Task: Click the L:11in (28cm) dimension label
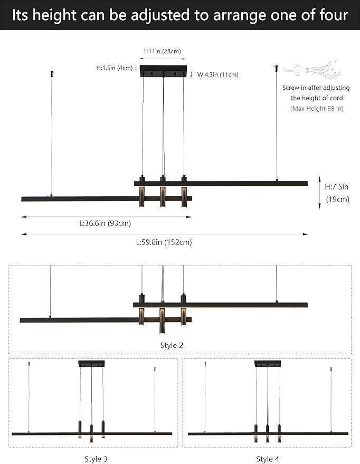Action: [x=163, y=51]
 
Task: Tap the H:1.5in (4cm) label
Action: [x=115, y=68]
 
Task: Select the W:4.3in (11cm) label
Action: [x=217, y=74]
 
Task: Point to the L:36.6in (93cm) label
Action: [x=105, y=223]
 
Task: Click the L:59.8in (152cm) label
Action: [x=164, y=242]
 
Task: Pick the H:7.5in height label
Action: [x=337, y=187]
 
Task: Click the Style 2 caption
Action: [x=172, y=345]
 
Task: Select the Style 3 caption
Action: [x=96, y=459]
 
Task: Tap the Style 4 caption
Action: [x=268, y=459]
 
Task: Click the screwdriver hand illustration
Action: [x=314, y=70]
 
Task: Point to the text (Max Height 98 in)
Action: [x=317, y=109]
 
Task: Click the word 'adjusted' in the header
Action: [x=160, y=15]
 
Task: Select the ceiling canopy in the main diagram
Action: [x=163, y=71]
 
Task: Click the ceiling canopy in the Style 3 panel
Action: [x=91, y=364]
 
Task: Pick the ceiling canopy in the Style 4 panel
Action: [x=268, y=364]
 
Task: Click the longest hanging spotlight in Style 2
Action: [x=162, y=321]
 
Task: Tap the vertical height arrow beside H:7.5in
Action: [x=319, y=193]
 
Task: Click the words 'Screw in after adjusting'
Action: [x=316, y=88]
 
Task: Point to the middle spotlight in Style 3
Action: [x=91, y=434]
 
